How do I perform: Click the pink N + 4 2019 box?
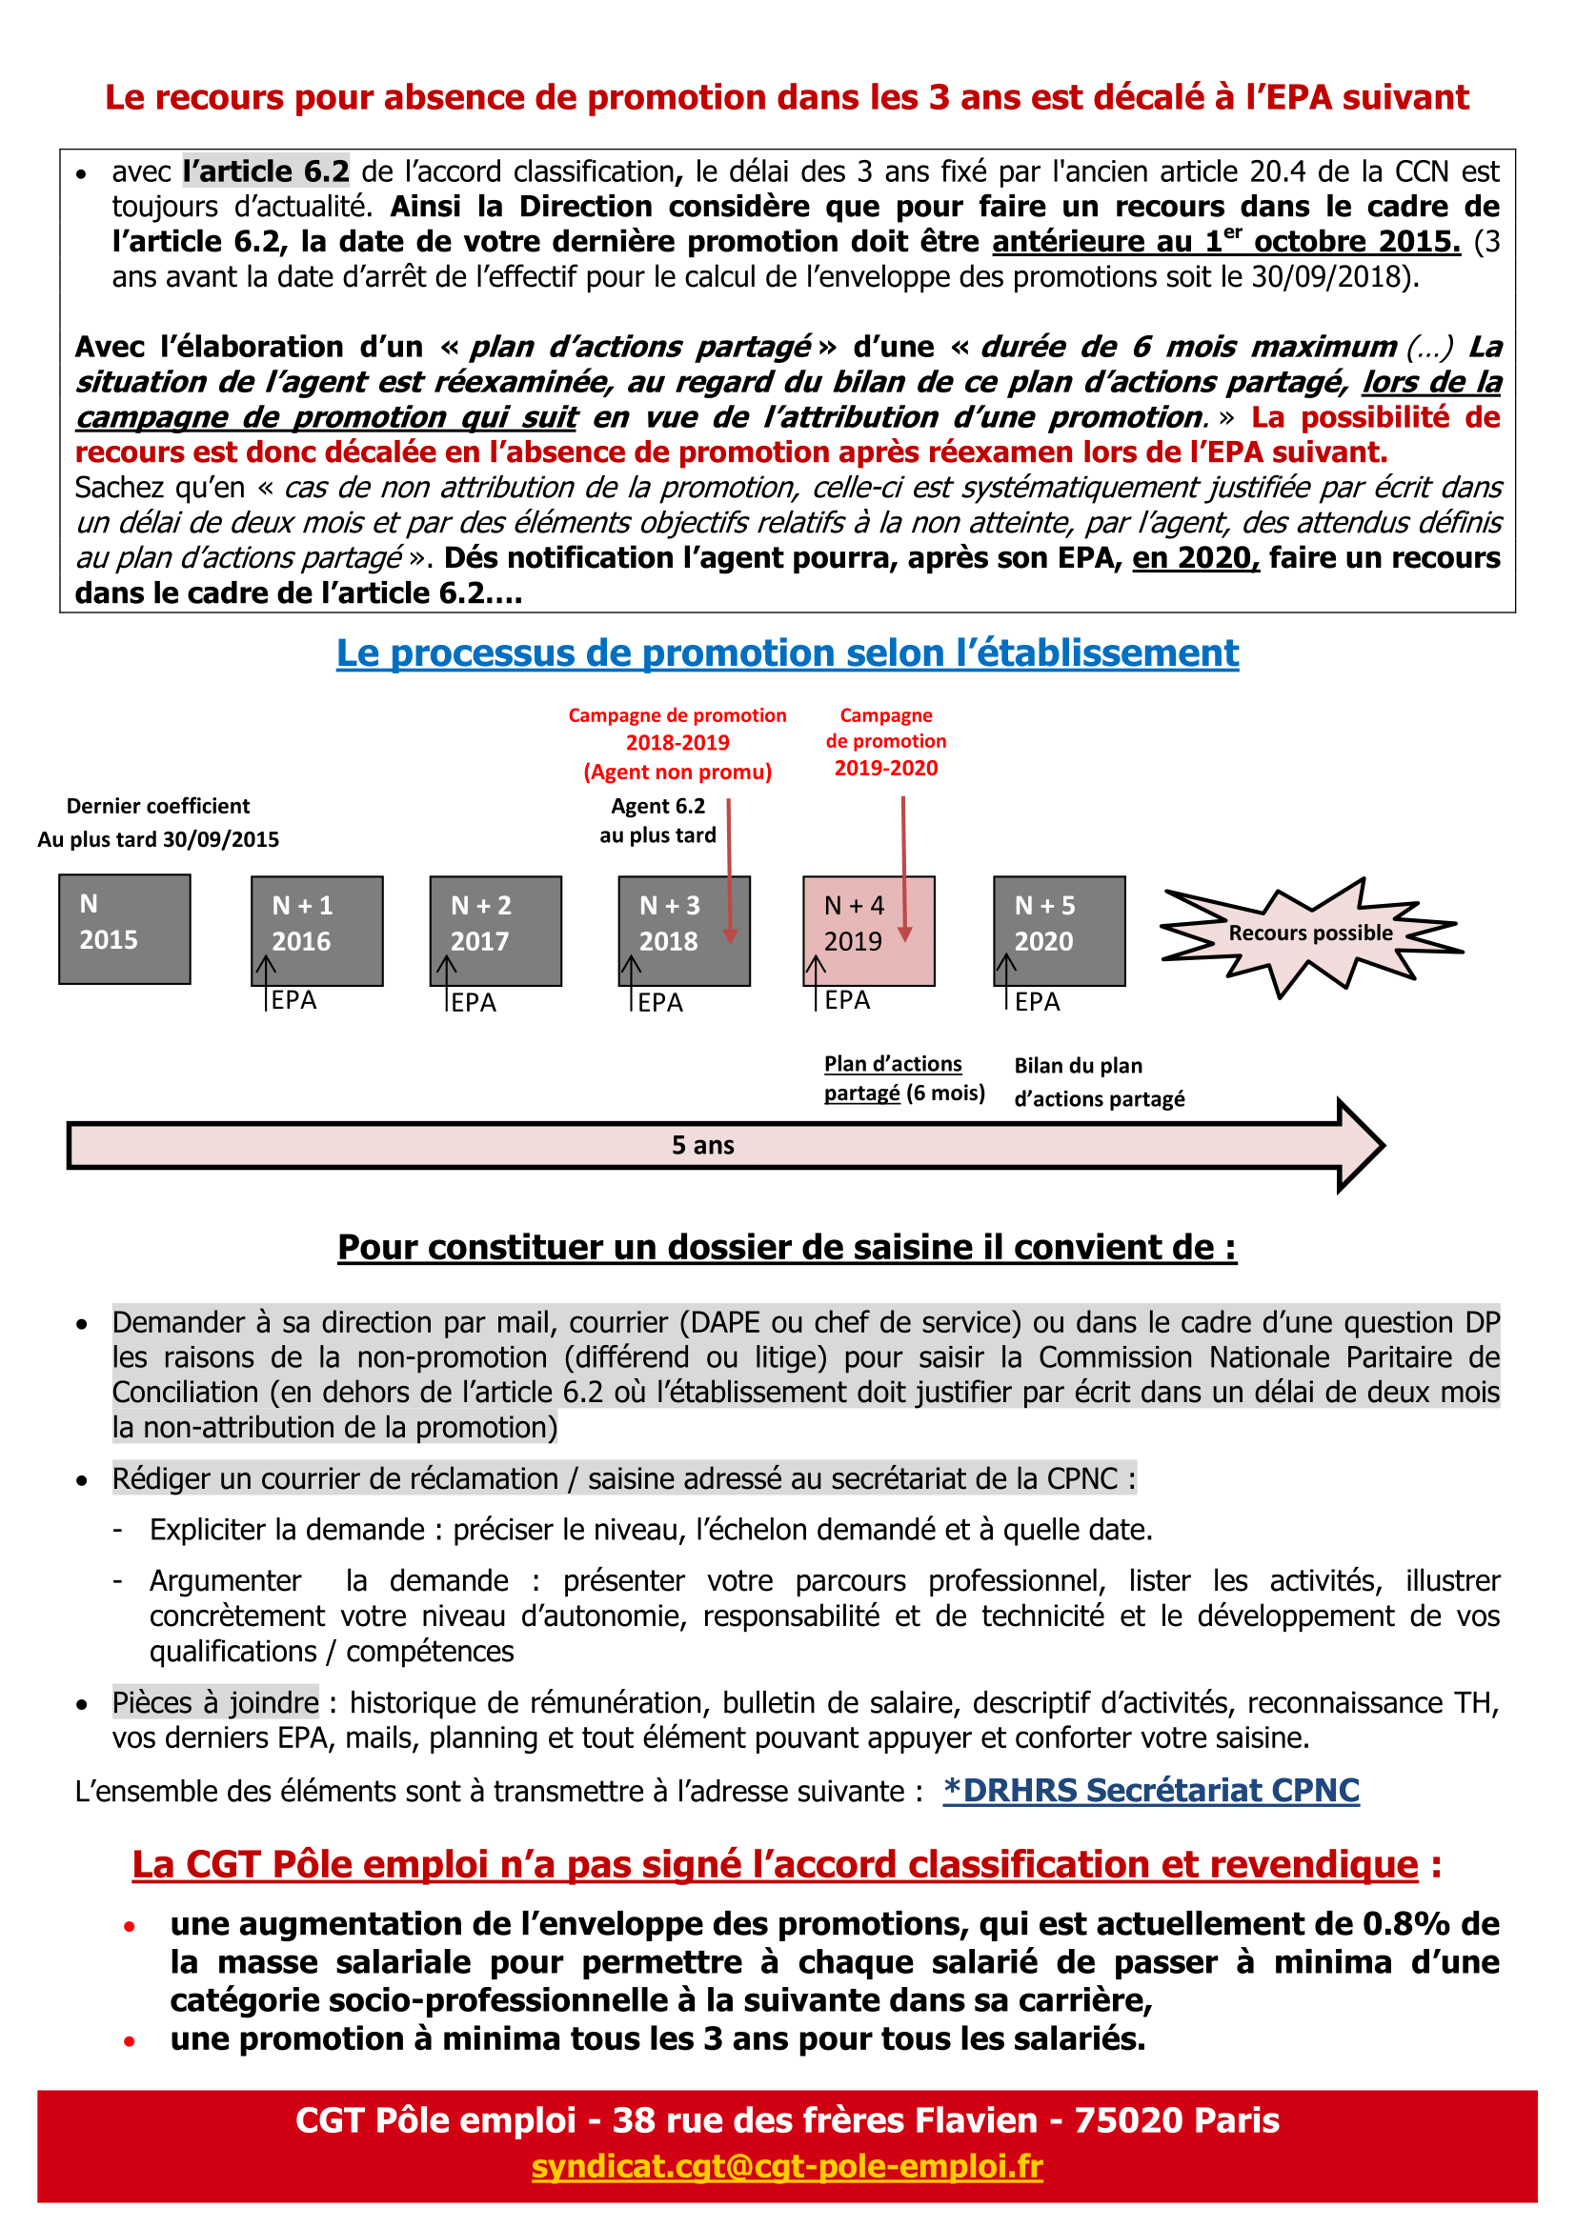868,931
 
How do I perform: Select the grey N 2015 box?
124,929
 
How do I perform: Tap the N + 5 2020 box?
1059,931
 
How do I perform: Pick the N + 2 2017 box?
495,931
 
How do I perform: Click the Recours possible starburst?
1309,933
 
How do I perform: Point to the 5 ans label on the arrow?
702,1145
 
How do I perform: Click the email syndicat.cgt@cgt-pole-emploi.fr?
787,2166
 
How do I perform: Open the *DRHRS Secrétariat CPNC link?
1150,1791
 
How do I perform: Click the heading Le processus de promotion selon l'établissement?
787,653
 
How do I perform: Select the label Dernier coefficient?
158,807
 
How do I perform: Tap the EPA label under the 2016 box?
293,1000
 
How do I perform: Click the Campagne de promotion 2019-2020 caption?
885,741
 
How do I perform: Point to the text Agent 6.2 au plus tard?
658,821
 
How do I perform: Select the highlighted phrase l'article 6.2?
266,171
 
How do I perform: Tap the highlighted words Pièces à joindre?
215,1702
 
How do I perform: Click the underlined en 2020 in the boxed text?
1195,558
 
